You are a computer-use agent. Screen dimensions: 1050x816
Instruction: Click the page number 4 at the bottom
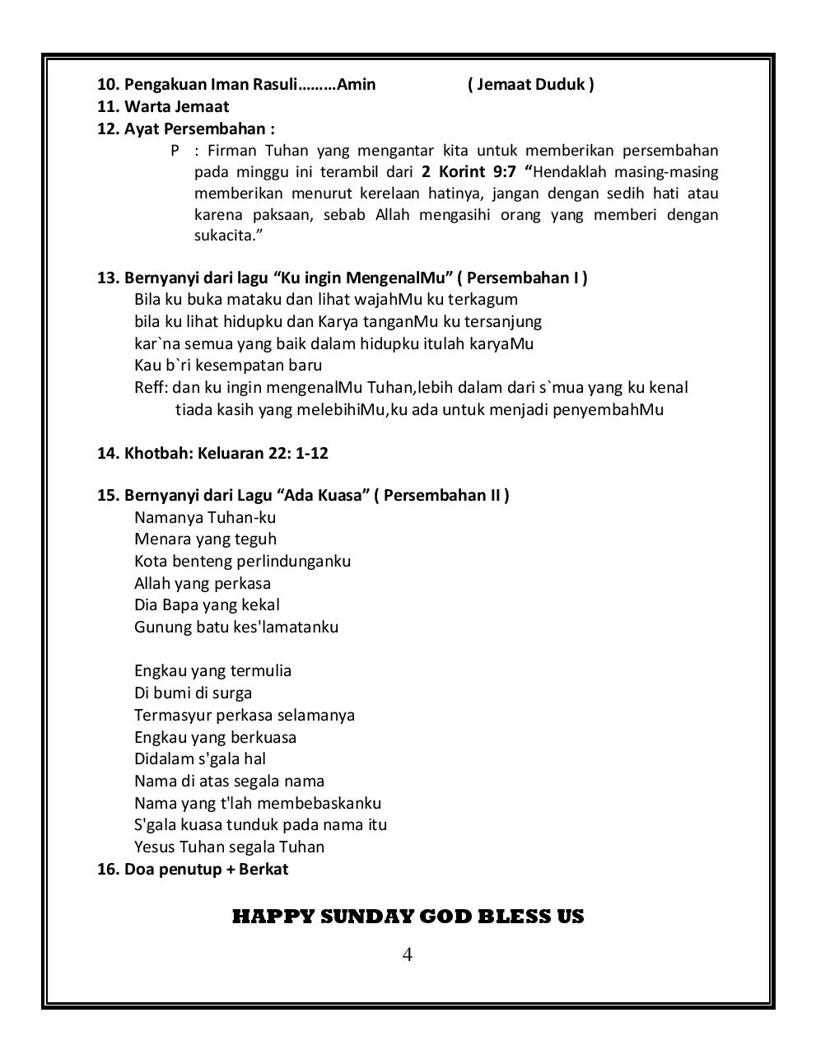click(407, 954)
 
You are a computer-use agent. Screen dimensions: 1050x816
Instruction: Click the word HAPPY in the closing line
click(268, 917)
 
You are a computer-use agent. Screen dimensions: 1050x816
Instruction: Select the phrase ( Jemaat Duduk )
click(530, 84)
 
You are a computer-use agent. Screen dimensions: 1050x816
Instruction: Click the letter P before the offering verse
click(175, 151)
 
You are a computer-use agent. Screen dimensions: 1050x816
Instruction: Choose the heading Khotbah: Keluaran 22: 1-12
click(213, 453)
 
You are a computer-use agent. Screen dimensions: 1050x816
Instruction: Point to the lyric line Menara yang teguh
click(205, 539)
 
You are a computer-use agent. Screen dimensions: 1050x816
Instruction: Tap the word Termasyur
click(172, 715)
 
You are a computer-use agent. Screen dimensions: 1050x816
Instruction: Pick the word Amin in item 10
click(357, 84)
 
